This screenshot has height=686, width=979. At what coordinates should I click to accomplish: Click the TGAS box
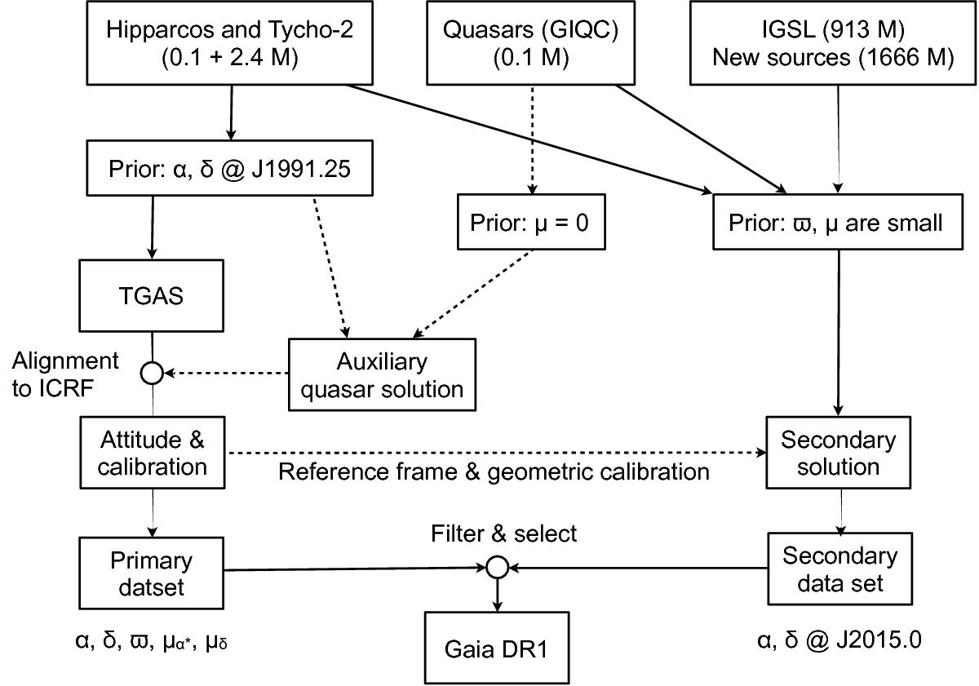pyautogui.click(x=151, y=294)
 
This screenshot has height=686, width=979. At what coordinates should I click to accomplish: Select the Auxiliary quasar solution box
pyautogui.click(x=381, y=374)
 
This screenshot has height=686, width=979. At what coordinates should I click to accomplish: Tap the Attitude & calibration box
pyautogui.click(x=153, y=453)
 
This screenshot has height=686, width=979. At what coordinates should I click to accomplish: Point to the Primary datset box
pyautogui.click(x=153, y=573)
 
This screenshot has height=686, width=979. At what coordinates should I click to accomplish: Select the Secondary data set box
pyautogui.click(x=838, y=571)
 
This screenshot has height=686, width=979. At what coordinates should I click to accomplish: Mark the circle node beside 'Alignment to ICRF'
pyautogui.click(x=152, y=374)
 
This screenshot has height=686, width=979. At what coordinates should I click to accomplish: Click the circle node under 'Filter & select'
pyautogui.click(x=498, y=565)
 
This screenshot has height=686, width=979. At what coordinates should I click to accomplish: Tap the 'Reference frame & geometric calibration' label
pyautogui.click(x=494, y=471)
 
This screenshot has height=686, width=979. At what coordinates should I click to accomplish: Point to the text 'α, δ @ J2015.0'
pyautogui.click(x=838, y=640)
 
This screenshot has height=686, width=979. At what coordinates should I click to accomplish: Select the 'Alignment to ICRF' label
pyautogui.click(x=65, y=374)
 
